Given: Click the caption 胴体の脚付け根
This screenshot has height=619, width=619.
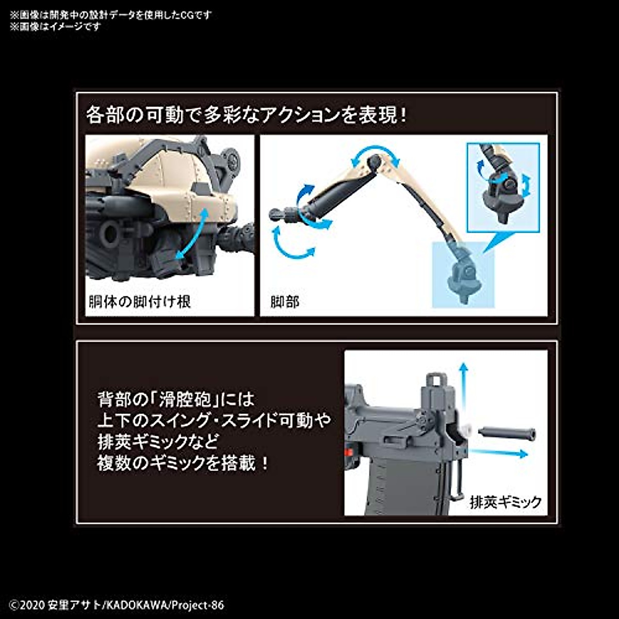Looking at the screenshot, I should tap(140, 301).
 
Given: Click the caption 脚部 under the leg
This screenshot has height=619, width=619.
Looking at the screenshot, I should tap(285, 301).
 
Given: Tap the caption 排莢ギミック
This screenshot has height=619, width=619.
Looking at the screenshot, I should tap(506, 501).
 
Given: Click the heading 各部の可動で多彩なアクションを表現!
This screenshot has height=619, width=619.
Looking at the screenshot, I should tap(247, 115).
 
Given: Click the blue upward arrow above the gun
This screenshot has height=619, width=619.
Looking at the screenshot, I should tap(463, 384).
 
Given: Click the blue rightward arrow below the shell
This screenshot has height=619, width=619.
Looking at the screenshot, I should tap(499, 453).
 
